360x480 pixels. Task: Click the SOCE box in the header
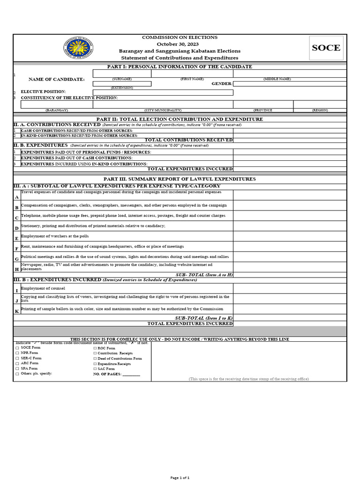326,48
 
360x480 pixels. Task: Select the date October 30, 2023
180,44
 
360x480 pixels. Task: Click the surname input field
121,74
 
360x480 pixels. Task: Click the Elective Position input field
163,92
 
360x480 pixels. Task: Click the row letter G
17,259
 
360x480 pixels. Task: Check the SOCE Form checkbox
17,348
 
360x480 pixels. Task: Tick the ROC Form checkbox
95,348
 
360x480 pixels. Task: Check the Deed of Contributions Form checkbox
95,359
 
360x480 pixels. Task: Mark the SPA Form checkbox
17,368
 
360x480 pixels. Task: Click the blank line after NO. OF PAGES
131,374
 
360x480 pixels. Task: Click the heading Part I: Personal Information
180,67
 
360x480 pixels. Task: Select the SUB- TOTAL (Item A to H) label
204,274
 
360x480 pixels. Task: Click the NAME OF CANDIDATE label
57,79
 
